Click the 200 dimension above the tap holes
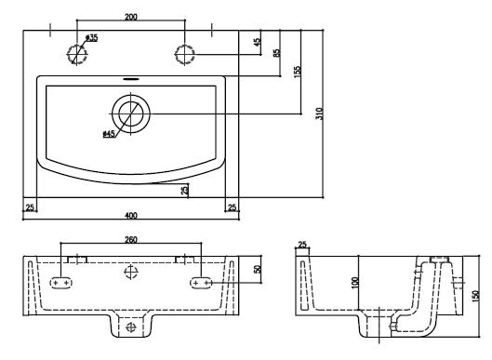pyautogui.click(x=131, y=17)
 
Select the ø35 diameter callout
pyautogui.click(x=91, y=37)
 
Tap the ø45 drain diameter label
pyautogui.click(x=109, y=134)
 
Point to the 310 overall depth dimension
pyautogui.click(x=319, y=113)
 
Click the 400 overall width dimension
pyautogui.click(x=131, y=215)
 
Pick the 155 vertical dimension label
pyautogui.click(x=298, y=72)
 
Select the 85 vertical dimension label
pyautogui.click(x=277, y=53)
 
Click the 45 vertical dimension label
pyautogui.click(x=257, y=42)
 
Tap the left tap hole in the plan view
pyautogui.click(x=77, y=54)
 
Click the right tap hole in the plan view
pyautogui.click(x=185, y=54)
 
